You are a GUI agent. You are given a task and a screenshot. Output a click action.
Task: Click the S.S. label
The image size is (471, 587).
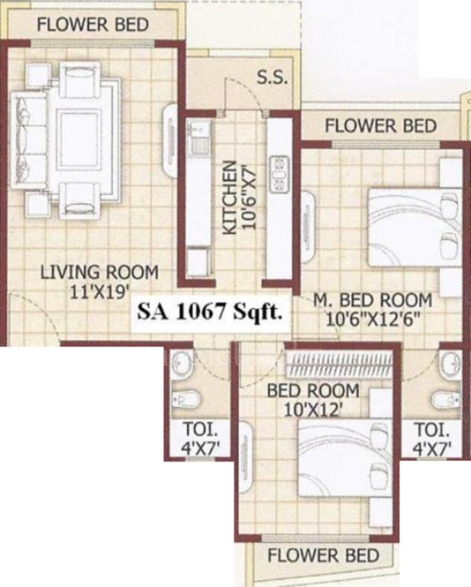tap(271, 79)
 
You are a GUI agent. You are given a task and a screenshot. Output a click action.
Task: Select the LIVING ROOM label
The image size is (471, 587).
tap(99, 272)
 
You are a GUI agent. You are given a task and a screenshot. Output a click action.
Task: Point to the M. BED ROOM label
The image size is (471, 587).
tap(373, 300)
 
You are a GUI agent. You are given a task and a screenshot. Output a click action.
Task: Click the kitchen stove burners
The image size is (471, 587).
tap(279, 174)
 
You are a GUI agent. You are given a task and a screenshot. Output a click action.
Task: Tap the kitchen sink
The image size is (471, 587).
tap(198, 144)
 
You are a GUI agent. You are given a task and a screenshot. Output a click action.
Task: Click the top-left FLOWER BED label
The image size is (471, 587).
tap(92, 24)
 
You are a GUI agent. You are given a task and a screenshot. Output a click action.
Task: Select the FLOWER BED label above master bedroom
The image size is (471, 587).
tap(381, 125)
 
